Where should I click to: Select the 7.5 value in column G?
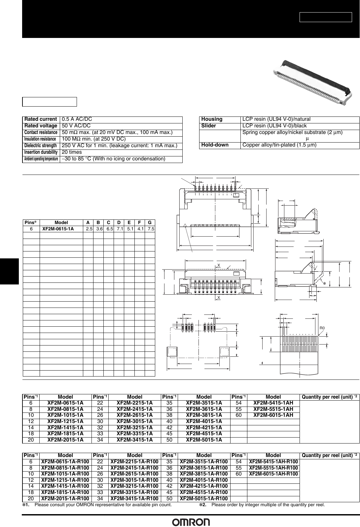pos(151,228)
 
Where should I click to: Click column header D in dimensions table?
pos(119,222)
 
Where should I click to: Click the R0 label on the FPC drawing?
pos(322,328)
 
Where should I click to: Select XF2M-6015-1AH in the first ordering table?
pos(273,415)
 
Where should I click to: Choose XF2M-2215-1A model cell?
pos(135,403)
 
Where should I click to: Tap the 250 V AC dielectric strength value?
pos(120,146)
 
